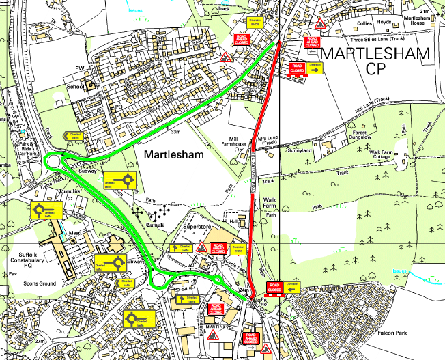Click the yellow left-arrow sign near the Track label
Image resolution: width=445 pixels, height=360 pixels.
click(x=74, y=136)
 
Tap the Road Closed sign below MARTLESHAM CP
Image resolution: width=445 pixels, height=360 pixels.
click(x=298, y=68)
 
